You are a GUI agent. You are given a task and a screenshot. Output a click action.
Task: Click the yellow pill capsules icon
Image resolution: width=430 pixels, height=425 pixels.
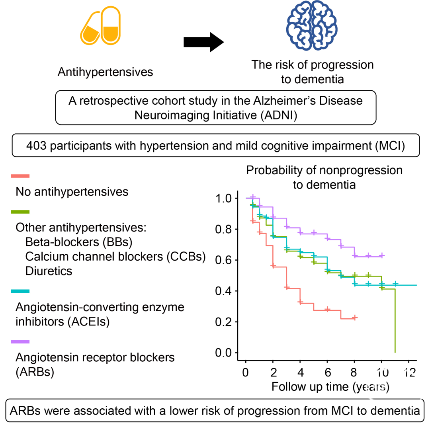[x=100, y=25]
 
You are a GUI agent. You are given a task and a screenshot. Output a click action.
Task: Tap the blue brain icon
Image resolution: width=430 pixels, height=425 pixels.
[x=312, y=25]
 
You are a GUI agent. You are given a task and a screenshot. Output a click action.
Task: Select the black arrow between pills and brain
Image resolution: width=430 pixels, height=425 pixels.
[x=204, y=42]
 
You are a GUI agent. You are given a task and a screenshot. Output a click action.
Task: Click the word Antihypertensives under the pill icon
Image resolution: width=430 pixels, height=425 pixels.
[x=105, y=72]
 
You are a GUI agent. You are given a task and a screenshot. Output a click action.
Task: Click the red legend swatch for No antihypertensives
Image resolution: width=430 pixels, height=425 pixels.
[x=20, y=176]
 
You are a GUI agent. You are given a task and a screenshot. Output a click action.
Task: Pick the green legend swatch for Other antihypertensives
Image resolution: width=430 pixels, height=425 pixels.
[x=20, y=212]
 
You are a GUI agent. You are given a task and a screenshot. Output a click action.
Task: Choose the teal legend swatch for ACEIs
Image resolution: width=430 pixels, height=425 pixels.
[x=20, y=291]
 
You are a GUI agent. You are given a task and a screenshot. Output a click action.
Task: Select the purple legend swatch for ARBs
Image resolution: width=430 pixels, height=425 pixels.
[x=20, y=342]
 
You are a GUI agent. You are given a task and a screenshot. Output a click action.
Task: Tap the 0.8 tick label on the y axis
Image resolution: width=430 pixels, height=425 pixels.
[x=223, y=229]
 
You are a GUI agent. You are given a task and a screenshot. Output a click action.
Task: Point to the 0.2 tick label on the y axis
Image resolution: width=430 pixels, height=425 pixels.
[x=223, y=322]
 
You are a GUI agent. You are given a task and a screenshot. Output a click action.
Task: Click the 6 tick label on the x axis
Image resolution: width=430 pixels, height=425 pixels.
[x=327, y=372]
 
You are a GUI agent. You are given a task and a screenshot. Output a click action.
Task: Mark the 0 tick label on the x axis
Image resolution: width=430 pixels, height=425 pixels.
[x=246, y=372]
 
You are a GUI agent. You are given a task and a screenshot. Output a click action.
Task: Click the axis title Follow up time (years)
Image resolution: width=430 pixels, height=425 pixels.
[x=330, y=387]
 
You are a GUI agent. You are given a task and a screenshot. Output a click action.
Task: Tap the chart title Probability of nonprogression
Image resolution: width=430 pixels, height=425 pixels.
[x=324, y=170]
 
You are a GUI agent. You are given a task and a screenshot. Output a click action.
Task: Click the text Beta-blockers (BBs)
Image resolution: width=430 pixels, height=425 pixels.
[x=79, y=242]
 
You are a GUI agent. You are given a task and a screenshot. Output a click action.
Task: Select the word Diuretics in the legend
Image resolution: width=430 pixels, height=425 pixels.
[x=49, y=271]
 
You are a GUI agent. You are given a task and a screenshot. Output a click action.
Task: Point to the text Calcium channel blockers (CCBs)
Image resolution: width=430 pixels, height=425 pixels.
[x=115, y=257]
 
